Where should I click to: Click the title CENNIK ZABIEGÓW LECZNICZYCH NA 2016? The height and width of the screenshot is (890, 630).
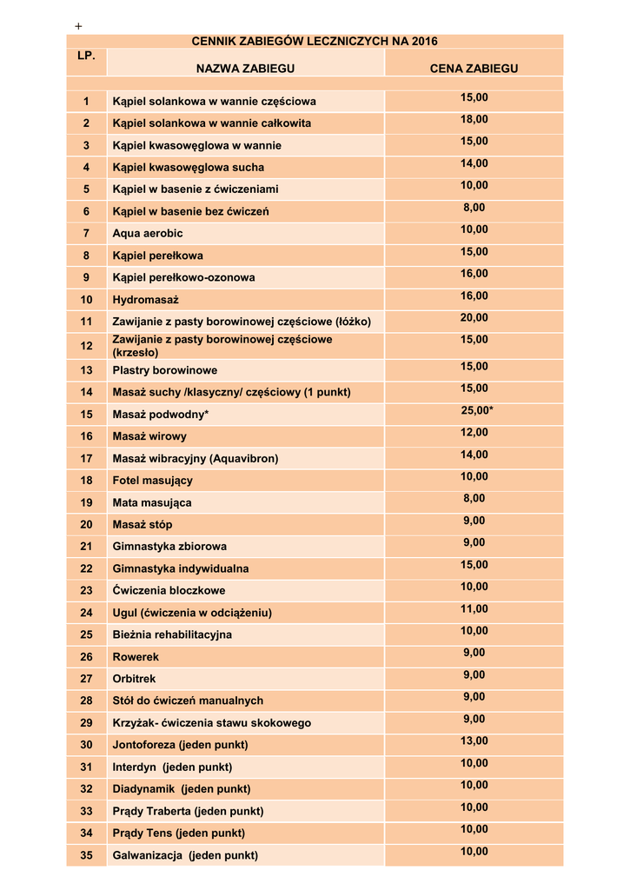[x=315, y=41]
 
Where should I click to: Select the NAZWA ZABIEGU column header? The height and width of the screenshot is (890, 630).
[x=245, y=68]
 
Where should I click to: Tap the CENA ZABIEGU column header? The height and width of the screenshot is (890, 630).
[x=474, y=68]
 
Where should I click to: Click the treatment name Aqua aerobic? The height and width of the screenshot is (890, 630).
[x=148, y=233]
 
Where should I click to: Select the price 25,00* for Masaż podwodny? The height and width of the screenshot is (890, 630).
[x=476, y=410]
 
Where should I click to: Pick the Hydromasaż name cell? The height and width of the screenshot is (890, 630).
[x=145, y=300]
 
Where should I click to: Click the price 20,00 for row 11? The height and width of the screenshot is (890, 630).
[x=474, y=318]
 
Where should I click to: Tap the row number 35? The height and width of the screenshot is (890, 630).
[x=86, y=855]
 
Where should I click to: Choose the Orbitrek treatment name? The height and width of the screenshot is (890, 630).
[x=135, y=679]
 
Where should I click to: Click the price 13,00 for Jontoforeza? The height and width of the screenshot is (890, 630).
[x=474, y=741]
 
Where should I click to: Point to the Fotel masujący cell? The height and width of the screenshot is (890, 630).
[x=153, y=481]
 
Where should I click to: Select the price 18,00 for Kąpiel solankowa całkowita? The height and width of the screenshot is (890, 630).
[x=474, y=119]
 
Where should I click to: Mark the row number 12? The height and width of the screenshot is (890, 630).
[x=86, y=346]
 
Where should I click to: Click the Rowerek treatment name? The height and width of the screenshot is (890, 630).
[x=136, y=657]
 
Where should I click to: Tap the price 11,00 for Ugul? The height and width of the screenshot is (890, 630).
[x=474, y=609]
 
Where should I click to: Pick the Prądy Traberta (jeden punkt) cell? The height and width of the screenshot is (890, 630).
[x=188, y=811]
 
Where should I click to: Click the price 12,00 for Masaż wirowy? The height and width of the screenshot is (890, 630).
[x=474, y=433]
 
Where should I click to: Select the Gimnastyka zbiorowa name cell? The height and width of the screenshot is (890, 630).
[x=169, y=547]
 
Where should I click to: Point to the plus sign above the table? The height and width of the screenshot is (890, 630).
[x=78, y=27]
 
